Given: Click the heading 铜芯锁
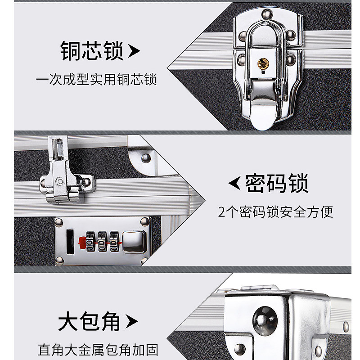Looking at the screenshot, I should (92, 51).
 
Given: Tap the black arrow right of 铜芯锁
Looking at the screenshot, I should (134, 52).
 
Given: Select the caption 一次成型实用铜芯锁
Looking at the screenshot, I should (96, 80).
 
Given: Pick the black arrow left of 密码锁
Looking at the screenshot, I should (234, 184).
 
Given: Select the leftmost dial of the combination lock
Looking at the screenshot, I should (90, 241).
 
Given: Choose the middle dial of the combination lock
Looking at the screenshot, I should (102, 241).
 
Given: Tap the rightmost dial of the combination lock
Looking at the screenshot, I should (114, 241).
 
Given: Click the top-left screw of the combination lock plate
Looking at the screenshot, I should (59, 221).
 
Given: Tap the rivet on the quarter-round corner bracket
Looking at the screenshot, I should (145, 158).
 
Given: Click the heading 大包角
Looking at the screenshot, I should (90, 321).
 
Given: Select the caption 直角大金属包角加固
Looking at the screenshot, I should (98, 350).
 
